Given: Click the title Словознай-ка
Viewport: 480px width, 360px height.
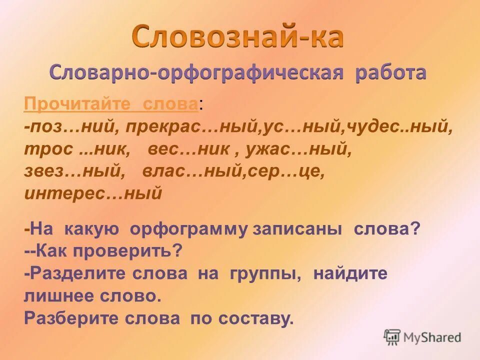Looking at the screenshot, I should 238,36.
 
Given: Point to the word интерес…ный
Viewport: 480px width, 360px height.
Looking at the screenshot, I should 93,193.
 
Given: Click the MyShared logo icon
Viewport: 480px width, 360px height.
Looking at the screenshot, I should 392,336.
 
